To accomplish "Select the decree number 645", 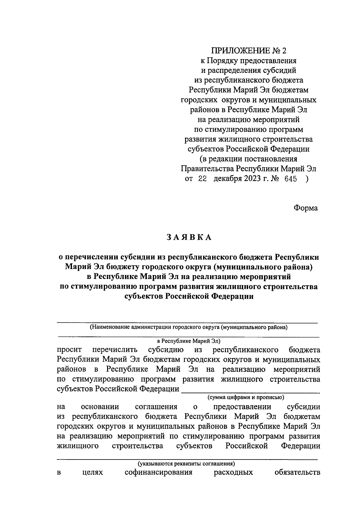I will click(x=289, y=179).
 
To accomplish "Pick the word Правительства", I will click(x=208, y=169).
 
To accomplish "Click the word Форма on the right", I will click(x=305, y=208).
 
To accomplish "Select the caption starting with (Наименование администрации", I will click(x=189, y=327).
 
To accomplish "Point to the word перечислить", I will click(x=115, y=350).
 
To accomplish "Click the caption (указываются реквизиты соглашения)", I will click(x=186, y=463).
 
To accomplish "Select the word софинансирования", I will click(x=158, y=473).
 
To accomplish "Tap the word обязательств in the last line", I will click(x=297, y=473).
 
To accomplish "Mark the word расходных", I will click(x=233, y=473).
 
